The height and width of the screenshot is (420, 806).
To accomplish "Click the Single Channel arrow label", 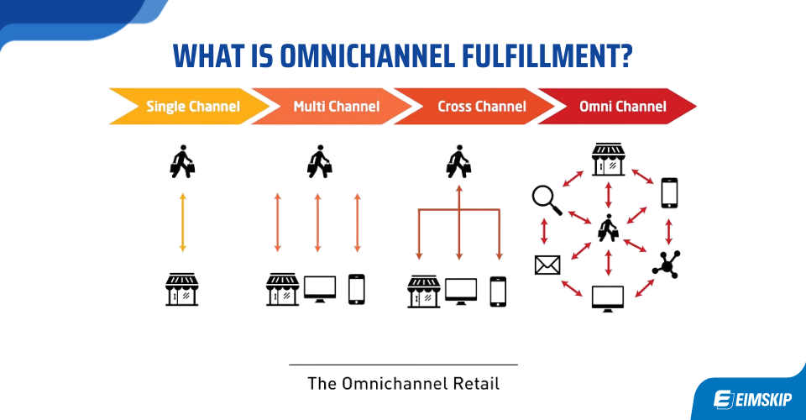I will pos(192,107).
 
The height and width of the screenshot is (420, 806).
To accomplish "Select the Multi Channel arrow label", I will pos(336,107).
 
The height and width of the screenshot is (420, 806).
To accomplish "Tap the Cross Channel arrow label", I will pos(481,107).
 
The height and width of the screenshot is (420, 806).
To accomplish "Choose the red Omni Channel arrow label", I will pos(622,107).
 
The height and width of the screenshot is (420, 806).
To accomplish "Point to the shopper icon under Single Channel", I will pos(182,161).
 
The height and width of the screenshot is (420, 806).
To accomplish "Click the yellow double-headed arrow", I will pos(182,223).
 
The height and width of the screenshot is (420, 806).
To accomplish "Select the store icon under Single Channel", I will pos(182,289).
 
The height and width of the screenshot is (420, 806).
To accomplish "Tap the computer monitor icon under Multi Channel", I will pos(319,289).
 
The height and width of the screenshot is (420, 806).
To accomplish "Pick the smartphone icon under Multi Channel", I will pos(357,289).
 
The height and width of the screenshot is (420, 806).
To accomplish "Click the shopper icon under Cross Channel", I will pos(458,161).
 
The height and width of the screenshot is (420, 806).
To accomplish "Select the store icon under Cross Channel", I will pos(424,290).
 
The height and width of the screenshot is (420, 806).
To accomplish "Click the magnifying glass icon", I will pos(546,198).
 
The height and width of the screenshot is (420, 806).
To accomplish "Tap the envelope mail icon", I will pos(547,265).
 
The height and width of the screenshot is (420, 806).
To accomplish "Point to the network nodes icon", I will pos(667,264).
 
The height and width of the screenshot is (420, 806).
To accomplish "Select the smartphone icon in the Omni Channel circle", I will pos(668,192).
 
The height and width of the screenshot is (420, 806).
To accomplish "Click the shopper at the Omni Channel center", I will pos(607,228).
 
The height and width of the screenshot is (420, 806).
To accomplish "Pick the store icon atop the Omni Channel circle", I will pos(607,159).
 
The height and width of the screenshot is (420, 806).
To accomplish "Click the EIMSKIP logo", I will pos(748,398).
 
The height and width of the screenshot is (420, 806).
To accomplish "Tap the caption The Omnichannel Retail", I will pos(403,384).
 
